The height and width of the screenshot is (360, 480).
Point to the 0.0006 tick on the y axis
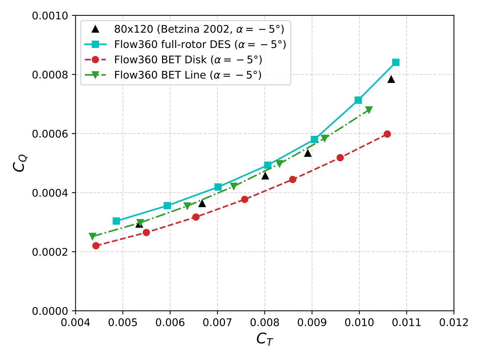[x=51, y=134]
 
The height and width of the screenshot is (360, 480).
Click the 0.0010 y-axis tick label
[x=51, y=16]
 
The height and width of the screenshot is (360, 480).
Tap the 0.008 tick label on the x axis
[x=265, y=322]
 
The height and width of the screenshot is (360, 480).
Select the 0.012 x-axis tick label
[x=454, y=322]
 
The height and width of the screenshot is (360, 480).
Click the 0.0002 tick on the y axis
[x=51, y=252]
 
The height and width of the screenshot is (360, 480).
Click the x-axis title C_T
[x=265, y=339]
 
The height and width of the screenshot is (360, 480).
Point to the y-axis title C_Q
[x=19, y=163]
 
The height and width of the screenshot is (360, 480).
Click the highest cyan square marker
[x=396, y=62]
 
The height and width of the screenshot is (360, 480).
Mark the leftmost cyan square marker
[x=116, y=221]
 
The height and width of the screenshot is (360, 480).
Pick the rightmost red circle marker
[x=387, y=134]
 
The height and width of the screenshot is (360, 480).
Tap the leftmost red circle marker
[x=96, y=246]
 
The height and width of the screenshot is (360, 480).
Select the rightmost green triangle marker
[x=369, y=110]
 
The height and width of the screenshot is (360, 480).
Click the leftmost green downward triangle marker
[x=92, y=236]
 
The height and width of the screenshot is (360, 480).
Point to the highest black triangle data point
[x=391, y=79]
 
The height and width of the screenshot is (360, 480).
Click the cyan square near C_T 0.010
[x=358, y=100]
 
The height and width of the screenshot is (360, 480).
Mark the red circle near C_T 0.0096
[x=340, y=157]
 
